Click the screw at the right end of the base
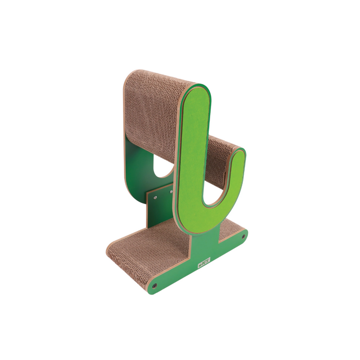243,237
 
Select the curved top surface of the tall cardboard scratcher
158,77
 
